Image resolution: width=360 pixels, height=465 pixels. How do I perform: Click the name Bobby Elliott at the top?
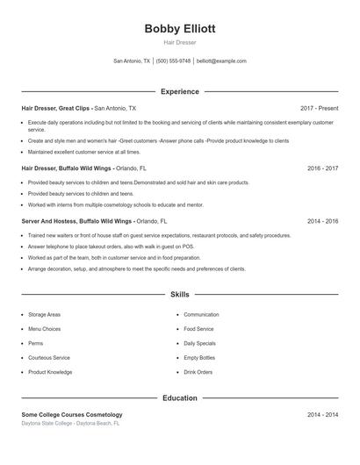tap(180, 28)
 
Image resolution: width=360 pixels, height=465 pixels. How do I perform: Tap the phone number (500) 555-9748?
tap(174, 61)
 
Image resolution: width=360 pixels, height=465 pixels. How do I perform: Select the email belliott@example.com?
tap(221, 61)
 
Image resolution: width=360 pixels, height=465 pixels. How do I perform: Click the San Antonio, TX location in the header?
tap(132, 61)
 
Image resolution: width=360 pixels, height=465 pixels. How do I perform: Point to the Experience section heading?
tap(180, 91)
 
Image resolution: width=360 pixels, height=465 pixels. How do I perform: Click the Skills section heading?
tap(180, 295)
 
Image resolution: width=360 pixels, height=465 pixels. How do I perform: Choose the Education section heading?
tap(180, 397)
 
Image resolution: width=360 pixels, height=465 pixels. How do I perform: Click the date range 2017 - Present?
tap(319, 108)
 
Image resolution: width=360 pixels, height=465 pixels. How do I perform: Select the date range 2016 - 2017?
tap(322, 168)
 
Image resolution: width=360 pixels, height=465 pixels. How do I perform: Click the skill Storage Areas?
tap(44, 314)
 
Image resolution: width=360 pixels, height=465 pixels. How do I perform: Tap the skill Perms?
tap(35, 343)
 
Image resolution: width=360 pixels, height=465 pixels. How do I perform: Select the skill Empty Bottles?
tap(199, 358)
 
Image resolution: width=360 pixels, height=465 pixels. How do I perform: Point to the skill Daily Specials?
tap(199, 343)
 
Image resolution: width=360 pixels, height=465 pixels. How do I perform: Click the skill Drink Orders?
tap(198, 372)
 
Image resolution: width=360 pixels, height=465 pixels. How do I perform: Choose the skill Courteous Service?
tap(49, 358)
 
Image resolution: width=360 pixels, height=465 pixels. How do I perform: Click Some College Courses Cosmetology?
tap(72, 414)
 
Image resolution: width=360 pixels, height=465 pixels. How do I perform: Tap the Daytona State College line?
tap(70, 423)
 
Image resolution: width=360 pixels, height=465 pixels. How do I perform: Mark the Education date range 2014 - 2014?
tap(322, 414)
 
